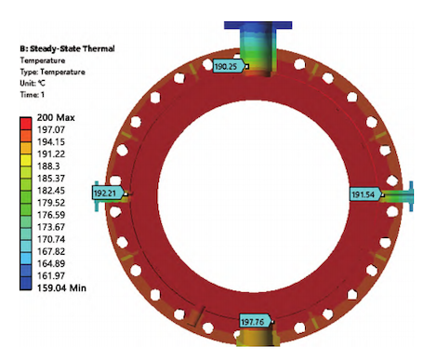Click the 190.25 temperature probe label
coord(229,66)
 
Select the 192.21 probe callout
coord(108,193)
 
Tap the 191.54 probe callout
coord(365,194)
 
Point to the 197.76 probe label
coord(256,322)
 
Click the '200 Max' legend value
coord(56,118)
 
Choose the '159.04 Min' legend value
coord(61,288)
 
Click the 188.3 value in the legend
coord(48,167)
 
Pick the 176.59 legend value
coord(51,215)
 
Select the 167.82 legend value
coord(51,251)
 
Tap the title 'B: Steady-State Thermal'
coord(67,48)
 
